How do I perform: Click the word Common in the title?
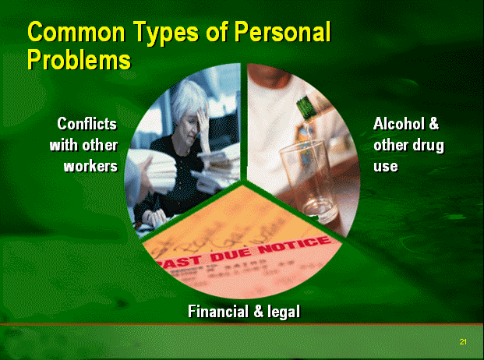76,32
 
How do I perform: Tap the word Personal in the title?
282,32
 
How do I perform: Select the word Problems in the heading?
79,59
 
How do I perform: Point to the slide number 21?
463,342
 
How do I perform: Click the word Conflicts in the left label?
87,124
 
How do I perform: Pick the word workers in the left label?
90,166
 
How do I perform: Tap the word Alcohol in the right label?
399,124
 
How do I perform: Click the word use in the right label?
386,167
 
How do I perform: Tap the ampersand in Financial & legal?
258,311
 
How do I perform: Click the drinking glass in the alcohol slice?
308,180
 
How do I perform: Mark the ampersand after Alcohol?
433,124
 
